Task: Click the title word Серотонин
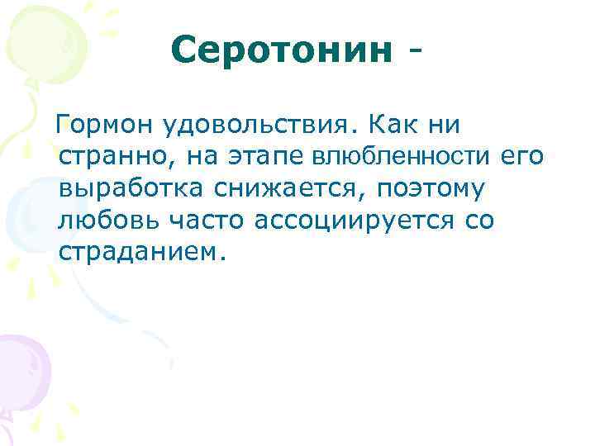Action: point(281,51)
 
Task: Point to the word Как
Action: point(396,126)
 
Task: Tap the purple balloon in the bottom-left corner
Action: point(21,372)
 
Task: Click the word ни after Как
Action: point(446,126)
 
